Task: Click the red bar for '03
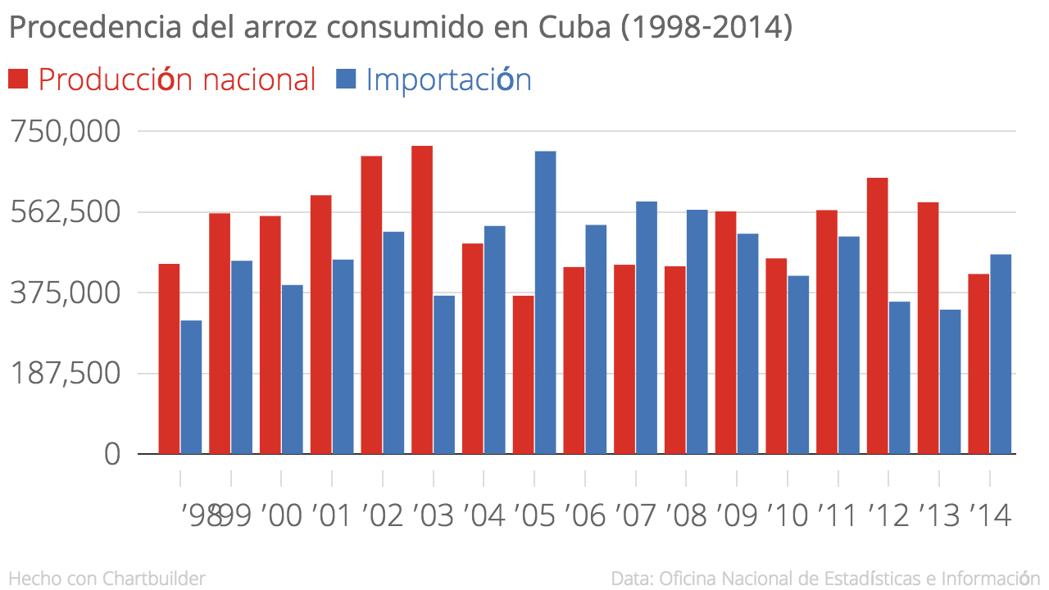tap(422, 300)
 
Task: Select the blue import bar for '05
tap(545, 302)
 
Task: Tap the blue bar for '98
tap(191, 387)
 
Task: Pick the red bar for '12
tap(877, 315)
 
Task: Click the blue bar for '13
tap(950, 381)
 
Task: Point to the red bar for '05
tap(523, 374)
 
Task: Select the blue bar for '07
tap(647, 328)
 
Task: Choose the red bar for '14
tap(979, 364)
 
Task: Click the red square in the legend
tap(18, 79)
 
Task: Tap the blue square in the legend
tap(347, 79)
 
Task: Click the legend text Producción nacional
tap(177, 79)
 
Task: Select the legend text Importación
tap(448, 79)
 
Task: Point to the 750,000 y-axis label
tap(66, 131)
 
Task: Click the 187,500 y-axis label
tap(66, 374)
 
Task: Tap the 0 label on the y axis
tap(112, 454)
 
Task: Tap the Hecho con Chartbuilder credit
tap(107, 578)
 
